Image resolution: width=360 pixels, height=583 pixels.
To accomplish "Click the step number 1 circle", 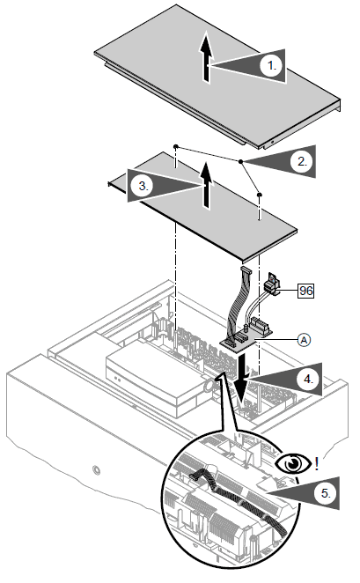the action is pos(272,66).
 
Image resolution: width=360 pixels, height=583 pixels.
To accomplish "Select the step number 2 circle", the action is pos(302,161).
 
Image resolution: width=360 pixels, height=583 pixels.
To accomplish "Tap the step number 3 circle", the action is pos(143,185).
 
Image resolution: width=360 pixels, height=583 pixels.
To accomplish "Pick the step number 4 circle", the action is pos(308,379).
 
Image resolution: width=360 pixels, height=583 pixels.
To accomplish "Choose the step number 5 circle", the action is pos(325,493).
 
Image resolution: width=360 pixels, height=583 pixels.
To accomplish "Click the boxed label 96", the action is pos(305,291).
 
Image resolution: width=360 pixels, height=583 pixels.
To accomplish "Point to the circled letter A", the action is pos(305,339).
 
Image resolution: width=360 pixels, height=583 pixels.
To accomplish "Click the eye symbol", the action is pos(293,463).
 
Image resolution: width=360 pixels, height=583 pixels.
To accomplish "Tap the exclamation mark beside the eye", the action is pos(316,463).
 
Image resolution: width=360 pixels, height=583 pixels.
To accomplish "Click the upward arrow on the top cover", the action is pos(206,56).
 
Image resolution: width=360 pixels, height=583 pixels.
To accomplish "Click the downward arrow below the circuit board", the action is pos(241,379).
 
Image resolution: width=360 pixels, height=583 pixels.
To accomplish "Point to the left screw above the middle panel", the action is pos(176,146).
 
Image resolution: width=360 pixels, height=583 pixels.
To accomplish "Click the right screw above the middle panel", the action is pos(260,194).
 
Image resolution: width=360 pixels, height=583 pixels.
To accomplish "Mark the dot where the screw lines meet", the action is pos(241,162).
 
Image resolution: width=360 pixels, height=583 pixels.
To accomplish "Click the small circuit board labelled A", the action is pos(246,338).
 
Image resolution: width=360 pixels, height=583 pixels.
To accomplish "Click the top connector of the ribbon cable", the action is pos(246,270).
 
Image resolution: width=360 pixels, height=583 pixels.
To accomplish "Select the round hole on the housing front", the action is pos(97,470).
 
